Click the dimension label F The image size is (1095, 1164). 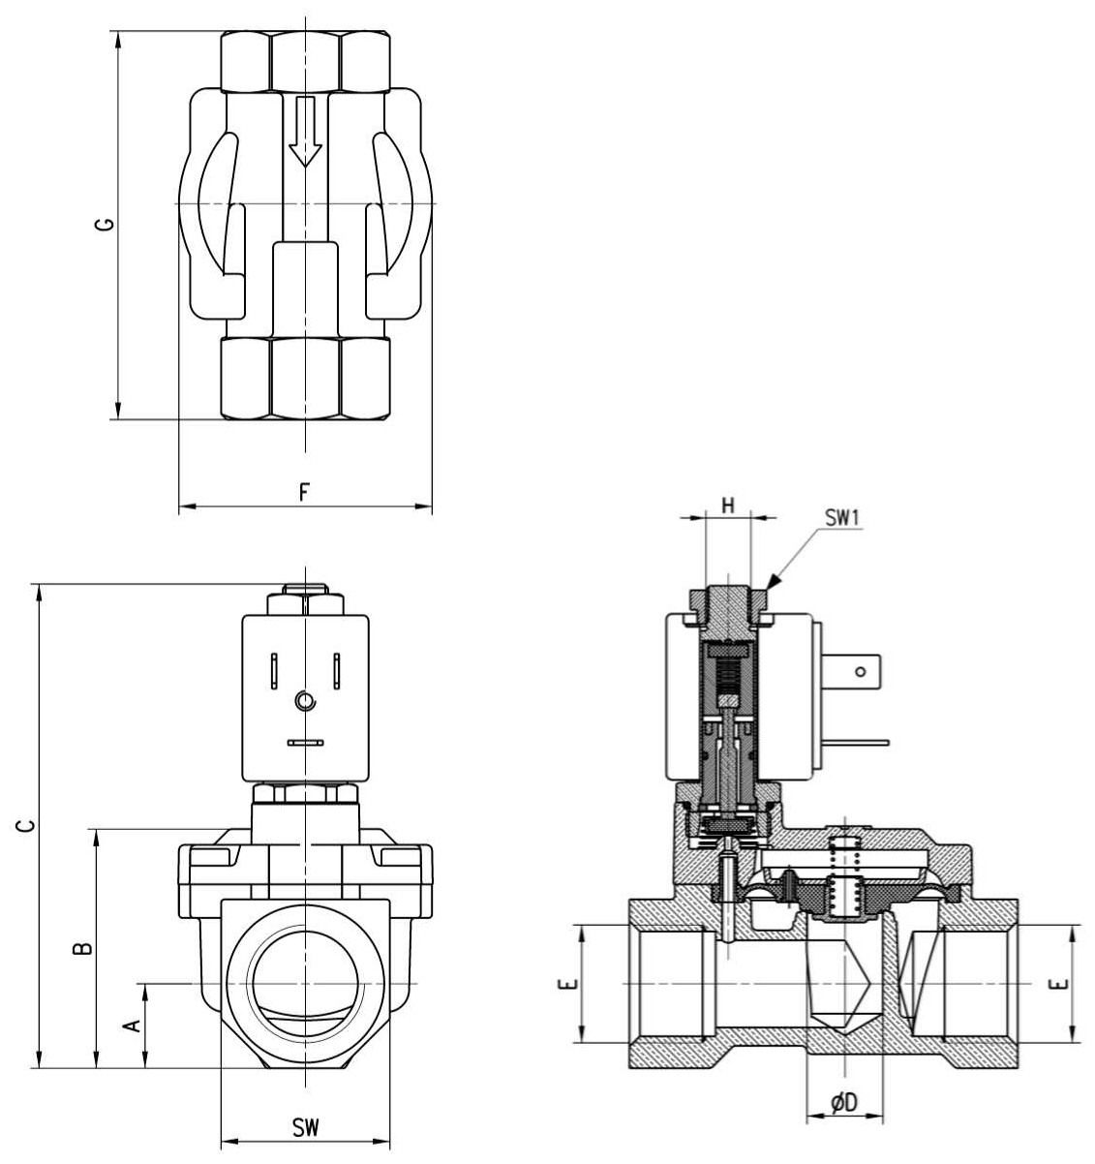(x=304, y=493)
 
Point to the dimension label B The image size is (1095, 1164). (x=83, y=948)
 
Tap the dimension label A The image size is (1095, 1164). (x=133, y=1026)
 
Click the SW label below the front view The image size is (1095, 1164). (x=305, y=1127)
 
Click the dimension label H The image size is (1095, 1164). (x=727, y=505)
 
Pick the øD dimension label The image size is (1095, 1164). (x=844, y=1102)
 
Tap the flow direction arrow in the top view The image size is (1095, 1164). (x=305, y=132)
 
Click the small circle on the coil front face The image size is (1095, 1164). (x=305, y=700)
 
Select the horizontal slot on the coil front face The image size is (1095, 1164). (x=305, y=743)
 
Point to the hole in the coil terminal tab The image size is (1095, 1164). (x=860, y=672)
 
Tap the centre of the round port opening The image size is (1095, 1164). (x=305, y=984)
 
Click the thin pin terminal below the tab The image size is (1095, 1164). (x=857, y=743)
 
